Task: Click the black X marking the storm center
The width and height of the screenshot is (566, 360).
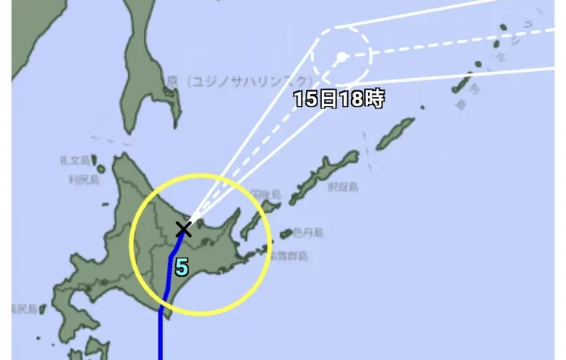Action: (184, 229)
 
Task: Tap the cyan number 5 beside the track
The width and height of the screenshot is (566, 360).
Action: (181, 268)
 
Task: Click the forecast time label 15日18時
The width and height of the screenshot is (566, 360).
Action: (339, 99)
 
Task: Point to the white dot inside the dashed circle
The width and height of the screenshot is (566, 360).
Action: (341, 57)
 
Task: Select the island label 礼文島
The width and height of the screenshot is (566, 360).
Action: (74, 160)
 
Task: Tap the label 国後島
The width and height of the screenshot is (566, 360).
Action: (265, 195)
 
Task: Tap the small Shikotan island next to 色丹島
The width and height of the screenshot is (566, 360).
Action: (287, 233)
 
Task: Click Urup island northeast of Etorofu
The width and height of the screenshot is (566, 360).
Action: (395, 133)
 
